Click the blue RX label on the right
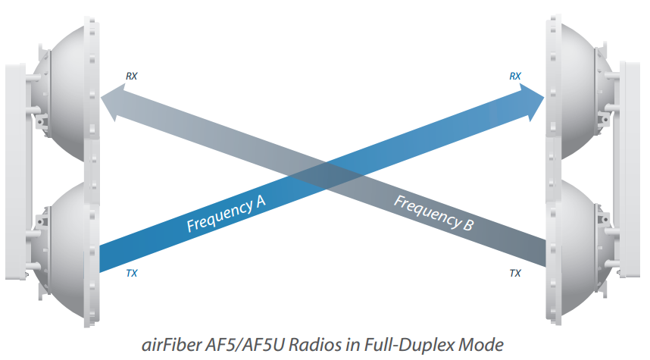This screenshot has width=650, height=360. tap(515, 77)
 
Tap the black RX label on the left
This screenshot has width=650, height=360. tap(131, 77)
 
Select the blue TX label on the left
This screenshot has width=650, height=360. tap(131, 274)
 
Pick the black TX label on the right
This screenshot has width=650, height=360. tap(515, 274)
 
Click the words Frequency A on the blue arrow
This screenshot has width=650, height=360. tap(226, 214)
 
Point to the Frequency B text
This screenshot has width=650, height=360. tap(433, 213)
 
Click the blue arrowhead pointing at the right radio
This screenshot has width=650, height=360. tap(532, 102)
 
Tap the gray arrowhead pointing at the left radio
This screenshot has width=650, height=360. tap(113, 102)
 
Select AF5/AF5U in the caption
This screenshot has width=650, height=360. tap(245, 345)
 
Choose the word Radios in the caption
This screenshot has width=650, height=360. tap(315, 345)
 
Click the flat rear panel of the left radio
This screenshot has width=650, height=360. tap(17, 171)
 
